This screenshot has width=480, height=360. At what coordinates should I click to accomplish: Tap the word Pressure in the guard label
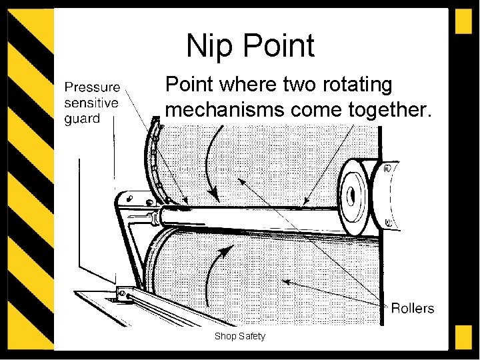click(92, 87)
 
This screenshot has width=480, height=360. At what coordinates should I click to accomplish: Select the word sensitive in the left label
click(91, 103)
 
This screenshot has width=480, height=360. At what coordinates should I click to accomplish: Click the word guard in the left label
click(82, 119)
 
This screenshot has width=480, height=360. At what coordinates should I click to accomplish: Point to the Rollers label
click(412, 308)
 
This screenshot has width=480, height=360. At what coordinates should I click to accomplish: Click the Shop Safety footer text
click(239, 336)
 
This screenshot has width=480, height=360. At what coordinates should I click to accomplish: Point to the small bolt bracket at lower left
click(123, 293)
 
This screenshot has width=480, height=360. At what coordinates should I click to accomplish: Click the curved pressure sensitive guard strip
click(156, 160)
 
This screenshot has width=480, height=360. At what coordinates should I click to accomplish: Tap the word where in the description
click(245, 86)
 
